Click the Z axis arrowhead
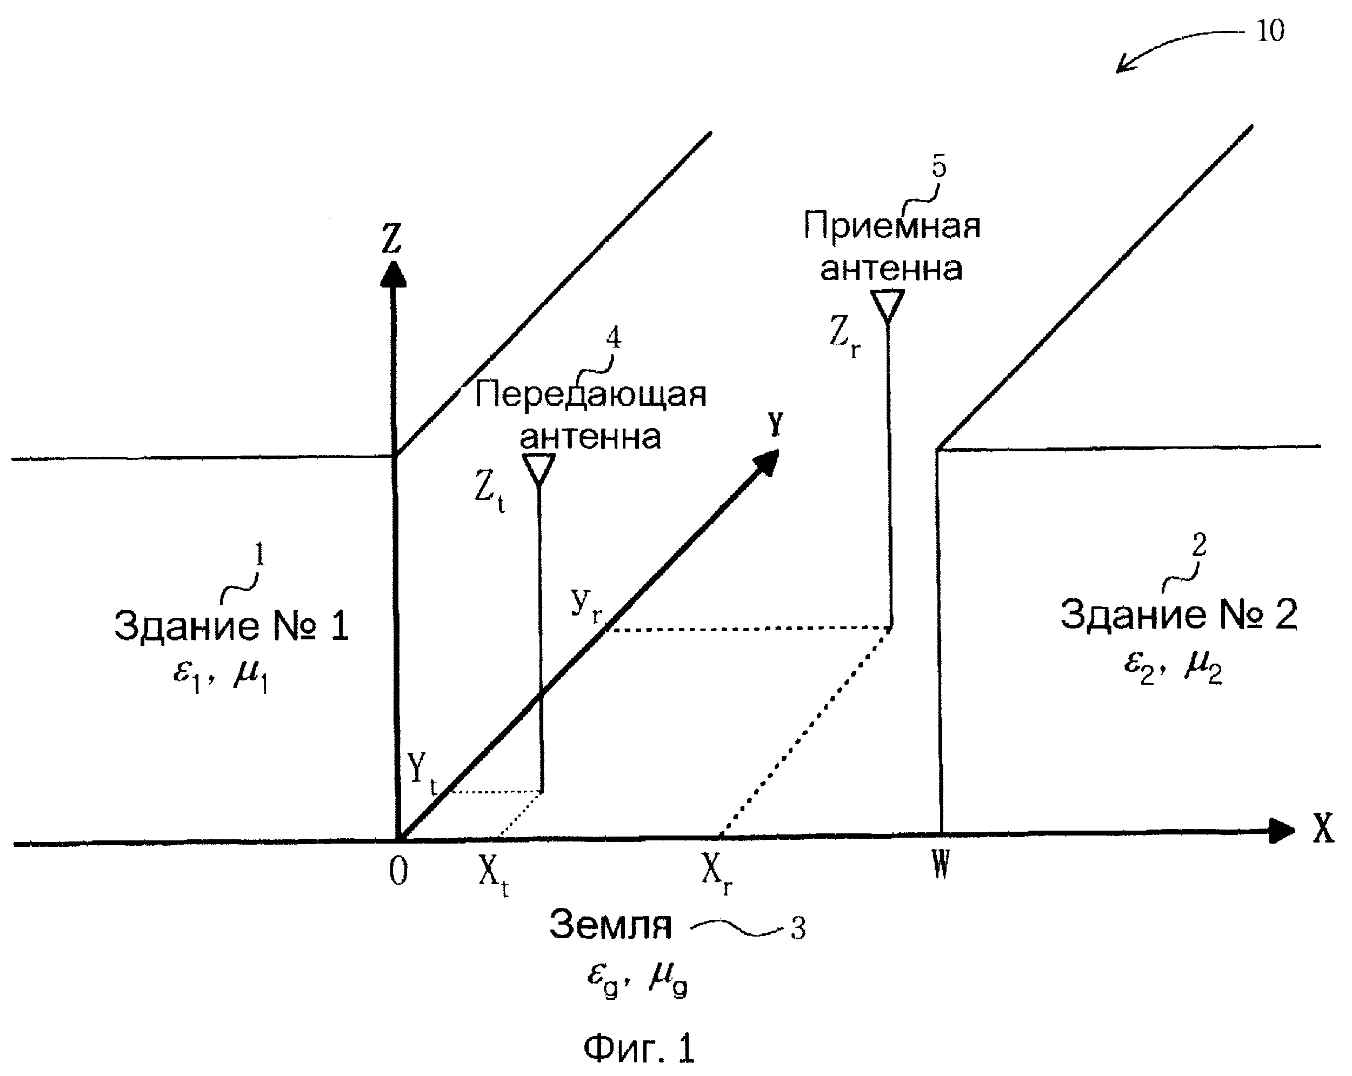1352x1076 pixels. [394, 275]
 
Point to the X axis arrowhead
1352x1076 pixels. [1282, 831]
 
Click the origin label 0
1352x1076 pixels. [399, 872]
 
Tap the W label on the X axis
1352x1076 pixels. [941, 866]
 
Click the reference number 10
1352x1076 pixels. [1270, 31]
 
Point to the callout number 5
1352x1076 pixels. [939, 167]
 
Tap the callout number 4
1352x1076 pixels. [613, 338]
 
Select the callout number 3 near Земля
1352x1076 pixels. [798, 928]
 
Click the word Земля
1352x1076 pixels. [611, 925]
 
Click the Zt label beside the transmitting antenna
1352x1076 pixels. [490, 494]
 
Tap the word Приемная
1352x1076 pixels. [893, 226]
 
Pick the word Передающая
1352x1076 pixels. [591, 395]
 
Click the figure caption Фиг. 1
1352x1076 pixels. [639, 1047]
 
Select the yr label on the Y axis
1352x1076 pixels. [587, 606]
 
